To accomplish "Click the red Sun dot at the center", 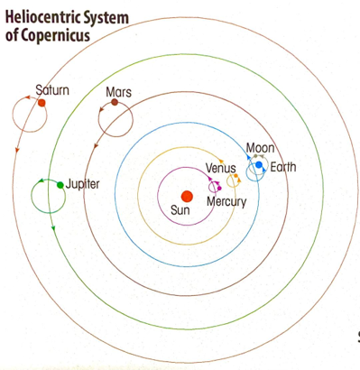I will point(186,196).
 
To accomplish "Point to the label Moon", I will point(260,148).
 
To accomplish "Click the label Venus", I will point(220,169).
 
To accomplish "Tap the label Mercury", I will point(226,201).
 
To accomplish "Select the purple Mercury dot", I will point(216,185).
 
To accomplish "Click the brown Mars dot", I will point(115,104).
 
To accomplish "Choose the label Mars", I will point(118,92).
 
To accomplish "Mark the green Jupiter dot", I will point(60,184).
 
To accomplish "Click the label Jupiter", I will point(82,184).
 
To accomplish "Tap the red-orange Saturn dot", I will point(42,103).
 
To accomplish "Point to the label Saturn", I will point(52,90).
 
